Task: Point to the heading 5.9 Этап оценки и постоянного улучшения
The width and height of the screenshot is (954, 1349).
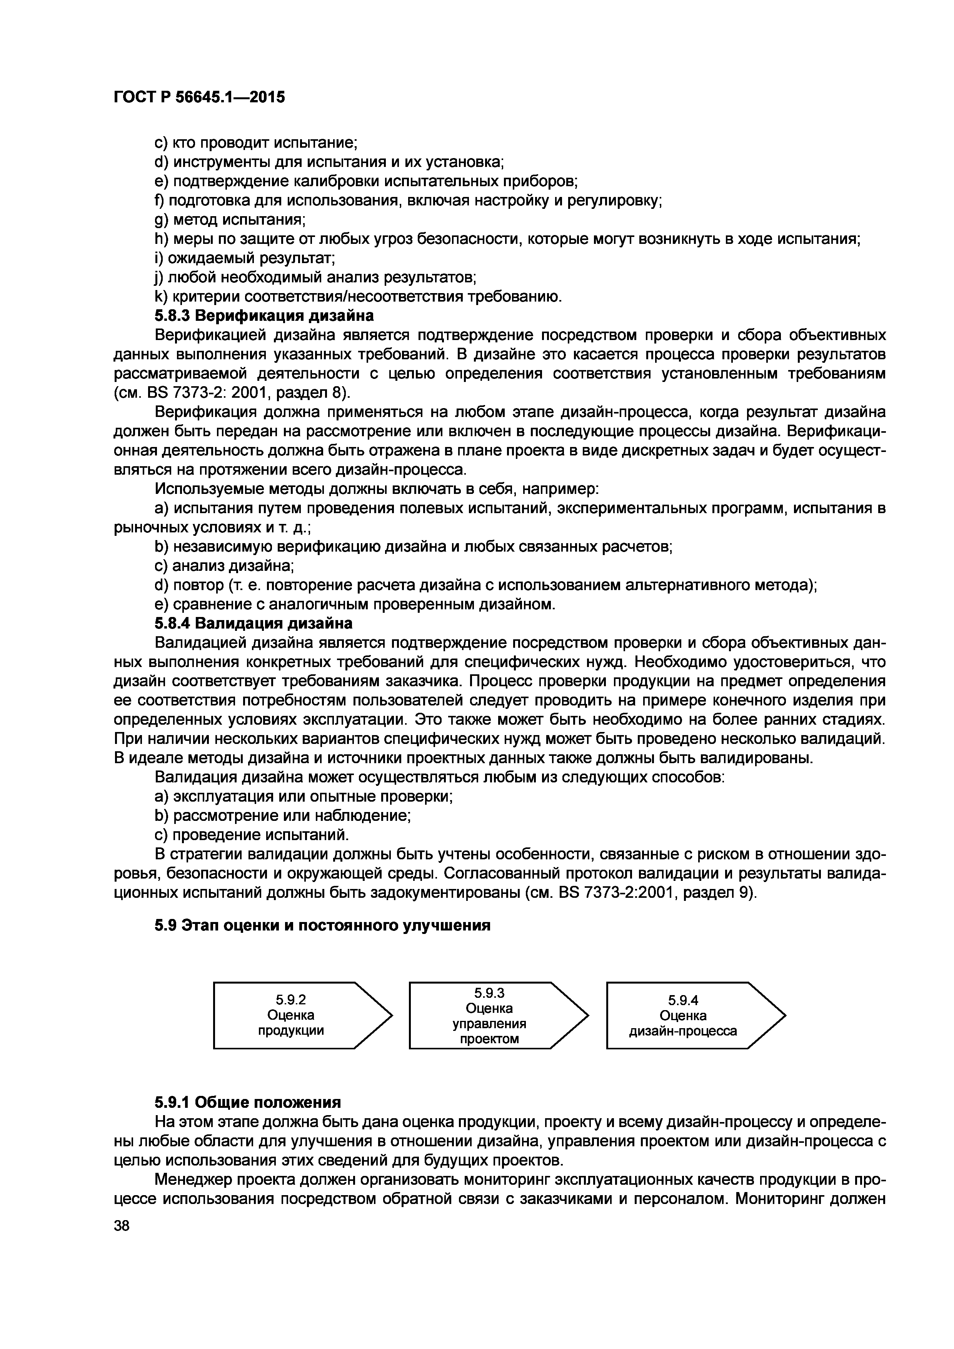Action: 322,926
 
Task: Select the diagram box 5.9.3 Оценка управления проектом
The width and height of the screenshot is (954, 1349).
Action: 489,1015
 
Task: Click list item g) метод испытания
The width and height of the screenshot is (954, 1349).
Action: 230,219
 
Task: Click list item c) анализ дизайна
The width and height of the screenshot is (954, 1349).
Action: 224,566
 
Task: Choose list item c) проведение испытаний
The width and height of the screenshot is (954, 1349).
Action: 252,835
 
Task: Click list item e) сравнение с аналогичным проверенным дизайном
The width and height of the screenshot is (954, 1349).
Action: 355,604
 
